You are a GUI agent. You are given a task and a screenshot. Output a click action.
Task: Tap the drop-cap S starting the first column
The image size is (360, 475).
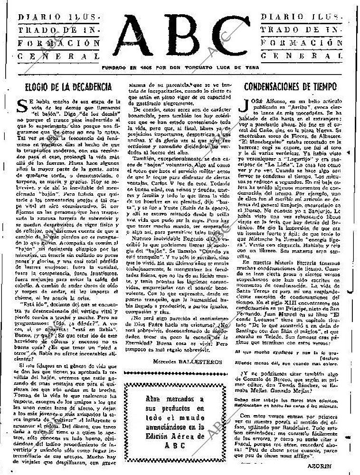tap(21, 105)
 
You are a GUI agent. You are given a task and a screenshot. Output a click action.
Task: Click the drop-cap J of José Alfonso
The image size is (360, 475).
tap(246, 105)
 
